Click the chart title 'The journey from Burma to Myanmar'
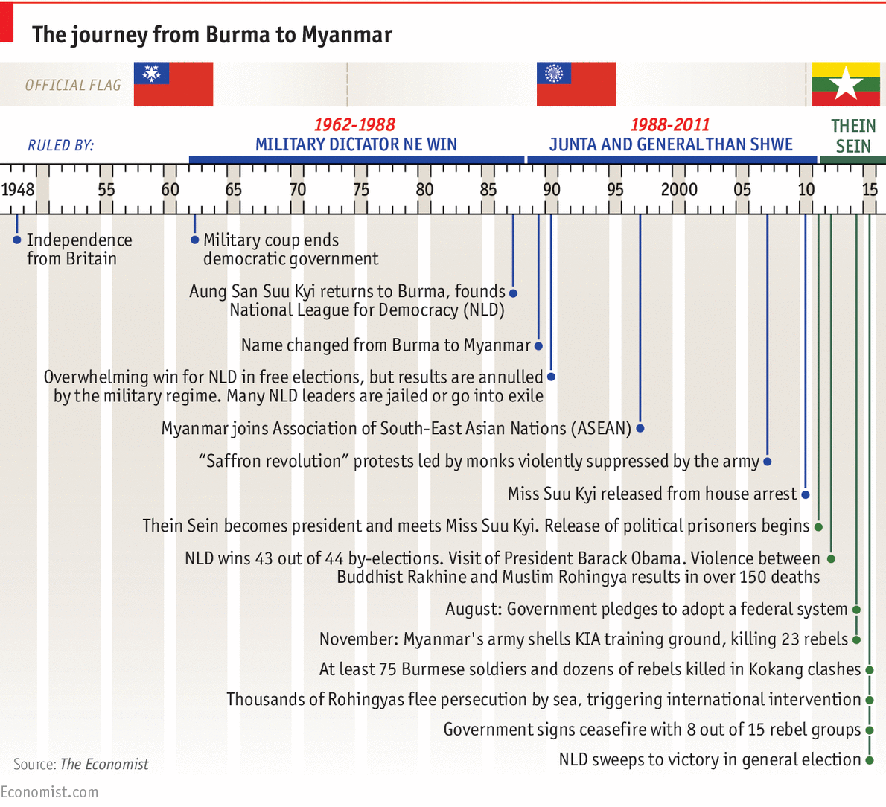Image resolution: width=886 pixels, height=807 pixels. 211,35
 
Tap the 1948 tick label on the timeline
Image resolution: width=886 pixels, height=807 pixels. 18,189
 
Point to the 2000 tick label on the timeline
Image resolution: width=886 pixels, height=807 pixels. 679,189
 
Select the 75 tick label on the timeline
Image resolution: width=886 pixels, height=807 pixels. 361,189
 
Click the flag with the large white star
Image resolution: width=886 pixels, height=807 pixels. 845,84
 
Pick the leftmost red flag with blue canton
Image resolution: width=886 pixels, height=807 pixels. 173,84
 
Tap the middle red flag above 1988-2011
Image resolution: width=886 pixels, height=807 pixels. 576,84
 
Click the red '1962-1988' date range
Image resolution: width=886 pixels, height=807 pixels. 354,125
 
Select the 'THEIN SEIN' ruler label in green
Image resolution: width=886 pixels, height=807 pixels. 853,136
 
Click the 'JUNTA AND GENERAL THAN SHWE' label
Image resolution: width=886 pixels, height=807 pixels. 671,144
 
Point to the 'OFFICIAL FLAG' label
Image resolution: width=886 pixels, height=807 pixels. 73,86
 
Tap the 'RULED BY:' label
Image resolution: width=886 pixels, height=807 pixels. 61,145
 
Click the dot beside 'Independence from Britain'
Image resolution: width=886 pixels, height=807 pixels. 17,240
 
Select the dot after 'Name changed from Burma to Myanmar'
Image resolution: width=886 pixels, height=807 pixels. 538,345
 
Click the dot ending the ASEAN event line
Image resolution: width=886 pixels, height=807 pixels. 640,428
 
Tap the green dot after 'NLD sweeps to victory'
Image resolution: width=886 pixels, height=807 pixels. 869,759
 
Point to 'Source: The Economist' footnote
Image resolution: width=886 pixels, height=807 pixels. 80,765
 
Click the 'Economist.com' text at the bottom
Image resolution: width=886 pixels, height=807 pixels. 49,792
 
